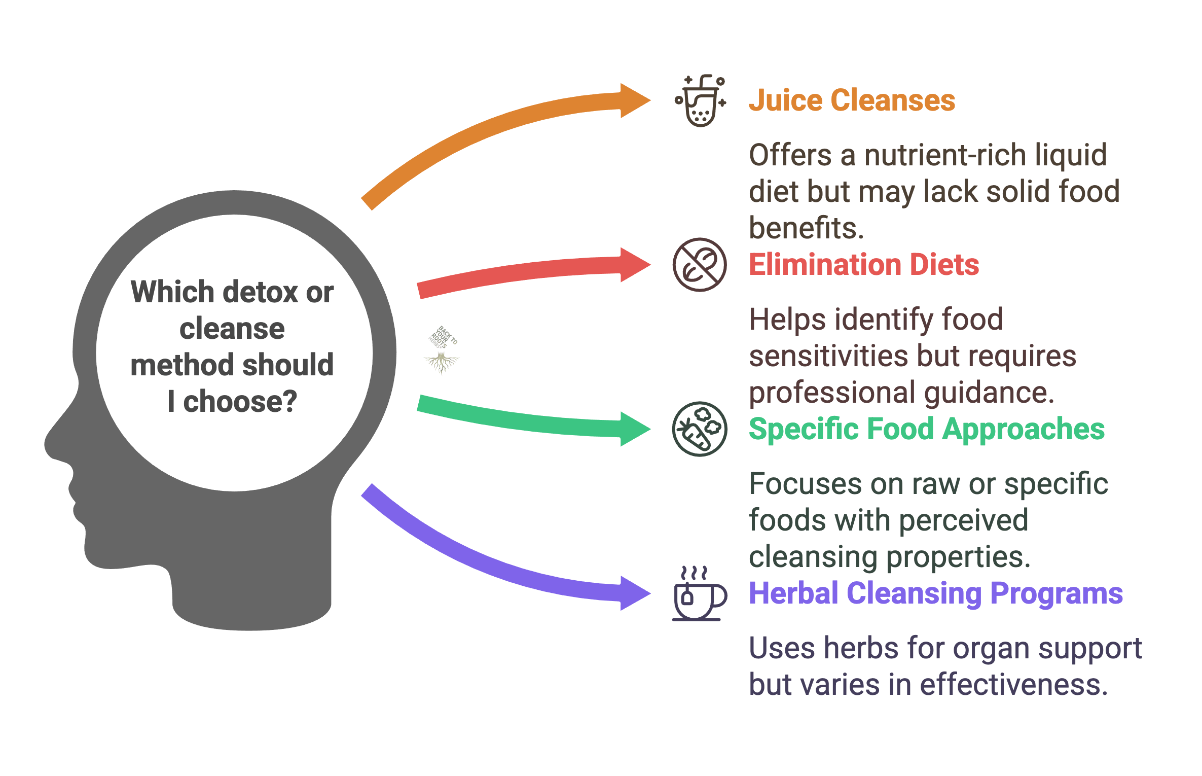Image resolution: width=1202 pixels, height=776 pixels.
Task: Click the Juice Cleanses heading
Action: [x=852, y=100]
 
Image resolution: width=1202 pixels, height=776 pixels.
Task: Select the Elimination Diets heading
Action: [x=864, y=265]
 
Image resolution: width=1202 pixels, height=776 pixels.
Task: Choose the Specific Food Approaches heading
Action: [x=926, y=429]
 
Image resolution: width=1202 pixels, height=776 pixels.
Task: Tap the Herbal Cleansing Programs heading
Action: [x=936, y=593]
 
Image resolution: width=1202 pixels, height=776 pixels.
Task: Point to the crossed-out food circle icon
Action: [x=700, y=265]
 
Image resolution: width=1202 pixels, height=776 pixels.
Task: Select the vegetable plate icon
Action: [x=700, y=429]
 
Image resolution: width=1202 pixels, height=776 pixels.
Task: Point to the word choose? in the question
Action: [x=240, y=402]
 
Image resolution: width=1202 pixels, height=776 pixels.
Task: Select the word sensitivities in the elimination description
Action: [x=828, y=356]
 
